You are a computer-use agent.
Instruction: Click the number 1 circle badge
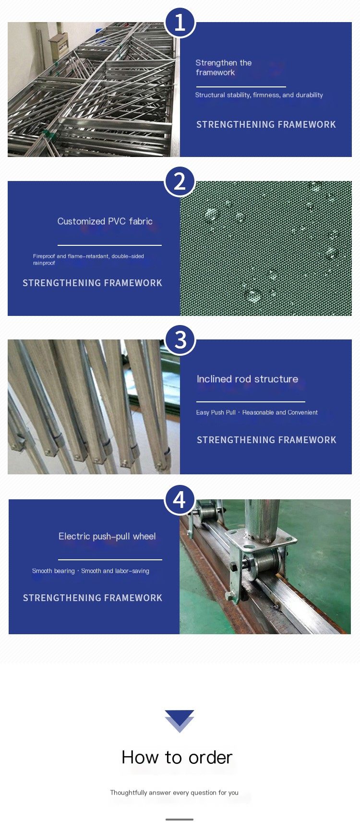180,22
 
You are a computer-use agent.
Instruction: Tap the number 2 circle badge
180,181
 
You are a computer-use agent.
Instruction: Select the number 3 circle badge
180,340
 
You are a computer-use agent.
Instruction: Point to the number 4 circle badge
180,499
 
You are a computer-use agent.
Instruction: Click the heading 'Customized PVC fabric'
105,221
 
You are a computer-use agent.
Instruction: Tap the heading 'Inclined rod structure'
247,379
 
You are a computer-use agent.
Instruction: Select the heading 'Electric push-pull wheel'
107,536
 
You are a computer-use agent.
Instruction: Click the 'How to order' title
177,757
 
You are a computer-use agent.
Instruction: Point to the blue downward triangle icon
180,721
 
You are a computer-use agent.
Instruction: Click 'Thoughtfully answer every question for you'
174,793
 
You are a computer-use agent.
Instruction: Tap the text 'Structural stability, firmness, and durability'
259,95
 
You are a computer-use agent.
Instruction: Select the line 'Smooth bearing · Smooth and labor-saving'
91,571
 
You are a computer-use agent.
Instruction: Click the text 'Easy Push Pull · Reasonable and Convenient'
257,412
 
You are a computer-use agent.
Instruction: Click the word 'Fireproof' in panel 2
44,256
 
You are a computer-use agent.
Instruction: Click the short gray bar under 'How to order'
180,820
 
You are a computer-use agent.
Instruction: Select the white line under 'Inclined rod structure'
251,401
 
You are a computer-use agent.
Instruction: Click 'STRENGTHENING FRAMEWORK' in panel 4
93,598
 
